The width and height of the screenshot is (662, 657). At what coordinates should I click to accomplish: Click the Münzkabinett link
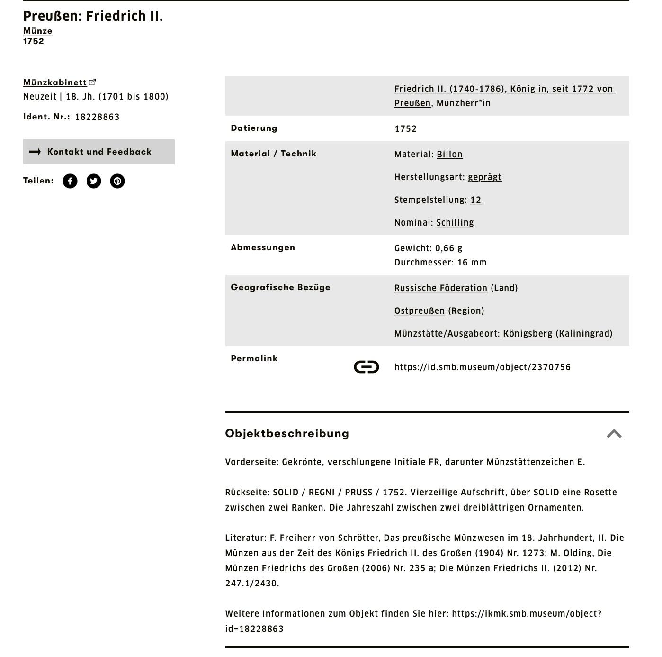(x=55, y=82)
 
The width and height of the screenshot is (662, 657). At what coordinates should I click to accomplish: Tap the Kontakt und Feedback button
(x=98, y=152)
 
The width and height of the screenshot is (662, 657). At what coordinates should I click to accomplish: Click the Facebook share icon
(x=70, y=181)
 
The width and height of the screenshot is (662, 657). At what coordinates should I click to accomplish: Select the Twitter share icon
(x=94, y=181)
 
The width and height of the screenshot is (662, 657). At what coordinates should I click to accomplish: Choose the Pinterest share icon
(x=117, y=181)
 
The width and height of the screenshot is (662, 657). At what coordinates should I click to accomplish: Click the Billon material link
(x=449, y=155)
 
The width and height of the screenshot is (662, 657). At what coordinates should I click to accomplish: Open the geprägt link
(x=484, y=177)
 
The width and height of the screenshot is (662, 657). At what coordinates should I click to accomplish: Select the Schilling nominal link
(x=455, y=223)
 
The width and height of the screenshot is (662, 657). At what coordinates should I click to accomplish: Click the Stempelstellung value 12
(x=475, y=200)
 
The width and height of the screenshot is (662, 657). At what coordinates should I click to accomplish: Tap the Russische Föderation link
(x=440, y=288)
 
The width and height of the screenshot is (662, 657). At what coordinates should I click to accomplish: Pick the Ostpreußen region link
(x=419, y=311)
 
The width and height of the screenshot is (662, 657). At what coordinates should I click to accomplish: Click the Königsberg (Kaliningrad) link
(x=557, y=334)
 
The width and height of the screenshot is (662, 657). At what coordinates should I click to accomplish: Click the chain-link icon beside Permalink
(x=366, y=367)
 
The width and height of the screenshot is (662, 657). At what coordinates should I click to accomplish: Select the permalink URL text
(x=482, y=367)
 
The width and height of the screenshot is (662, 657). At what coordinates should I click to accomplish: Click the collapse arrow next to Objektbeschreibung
(x=614, y=434)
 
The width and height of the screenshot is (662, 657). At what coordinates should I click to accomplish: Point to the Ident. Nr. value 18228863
(x=97, y=117)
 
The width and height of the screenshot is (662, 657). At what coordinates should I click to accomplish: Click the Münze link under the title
(x=38, y=31)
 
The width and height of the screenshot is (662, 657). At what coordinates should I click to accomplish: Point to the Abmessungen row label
(x=263, y=247)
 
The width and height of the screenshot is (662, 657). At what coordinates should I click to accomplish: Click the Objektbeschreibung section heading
(x=287, y=433)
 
